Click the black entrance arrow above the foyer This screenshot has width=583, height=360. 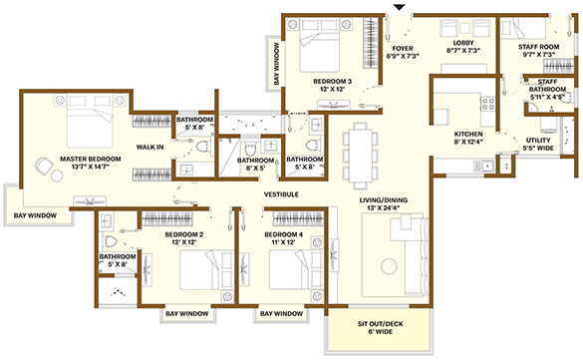coord(399,7)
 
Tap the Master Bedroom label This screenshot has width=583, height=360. coord(91,159)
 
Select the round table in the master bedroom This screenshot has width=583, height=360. coord(57,176)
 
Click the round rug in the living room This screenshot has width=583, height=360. coord(389,266)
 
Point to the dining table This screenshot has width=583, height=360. coord(361,156)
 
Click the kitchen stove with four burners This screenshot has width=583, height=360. coord(487,104)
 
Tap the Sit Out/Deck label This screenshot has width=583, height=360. coord(381,324)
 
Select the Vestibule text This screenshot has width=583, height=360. coord(281,194)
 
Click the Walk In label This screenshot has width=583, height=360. coord(149,147)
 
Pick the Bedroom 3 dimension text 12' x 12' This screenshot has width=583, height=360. coord(333,90)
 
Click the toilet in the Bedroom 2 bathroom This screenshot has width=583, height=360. coord(111,241)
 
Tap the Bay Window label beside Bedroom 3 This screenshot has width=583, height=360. coord(277,64)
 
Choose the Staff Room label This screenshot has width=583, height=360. coord(539,47)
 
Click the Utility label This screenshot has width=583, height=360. coord(538,141)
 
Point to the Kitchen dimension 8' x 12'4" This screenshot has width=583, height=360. coord(468,142)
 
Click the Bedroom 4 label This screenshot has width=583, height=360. coord(284,234)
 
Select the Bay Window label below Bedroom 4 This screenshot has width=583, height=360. coord(281,314)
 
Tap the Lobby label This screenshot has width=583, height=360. coord(463,43)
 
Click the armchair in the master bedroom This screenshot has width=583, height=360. coord(44,166)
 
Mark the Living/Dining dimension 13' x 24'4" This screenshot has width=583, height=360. coord(384,207)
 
